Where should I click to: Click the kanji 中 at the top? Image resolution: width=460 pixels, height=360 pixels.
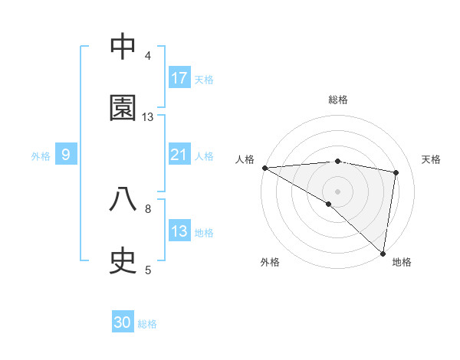(123, 47)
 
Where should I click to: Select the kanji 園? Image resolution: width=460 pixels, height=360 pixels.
(123, 108)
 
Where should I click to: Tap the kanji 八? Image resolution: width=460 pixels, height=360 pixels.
(123, 200)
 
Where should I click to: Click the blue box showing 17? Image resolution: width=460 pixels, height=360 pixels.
(179, 77)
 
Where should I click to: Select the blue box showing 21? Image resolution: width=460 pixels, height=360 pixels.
(179, 155)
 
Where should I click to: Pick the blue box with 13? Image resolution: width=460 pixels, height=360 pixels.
(179, 231)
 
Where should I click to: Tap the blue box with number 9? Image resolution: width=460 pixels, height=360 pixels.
(66, 155)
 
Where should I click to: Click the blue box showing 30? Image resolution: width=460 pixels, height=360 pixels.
(123, 322)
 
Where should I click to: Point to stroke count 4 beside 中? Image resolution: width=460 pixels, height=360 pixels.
(148, 56)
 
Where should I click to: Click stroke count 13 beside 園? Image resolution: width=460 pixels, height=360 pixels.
(148, 117)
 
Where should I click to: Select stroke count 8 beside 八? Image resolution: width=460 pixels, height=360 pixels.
(148, 208)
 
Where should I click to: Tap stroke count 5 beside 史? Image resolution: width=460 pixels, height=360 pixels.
(148, 270)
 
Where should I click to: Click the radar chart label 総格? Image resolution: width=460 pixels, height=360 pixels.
(338, 100)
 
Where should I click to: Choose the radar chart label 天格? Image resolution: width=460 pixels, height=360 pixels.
(432, 159)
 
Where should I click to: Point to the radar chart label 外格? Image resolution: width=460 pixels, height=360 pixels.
(270, 262)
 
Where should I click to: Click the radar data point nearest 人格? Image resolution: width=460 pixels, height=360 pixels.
(264, 168)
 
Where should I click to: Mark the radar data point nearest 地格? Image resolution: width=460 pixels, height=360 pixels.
(383, 253)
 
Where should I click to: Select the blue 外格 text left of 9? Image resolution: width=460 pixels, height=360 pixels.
(41, 155)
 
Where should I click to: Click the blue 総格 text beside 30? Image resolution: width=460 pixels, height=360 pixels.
(147, 324)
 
